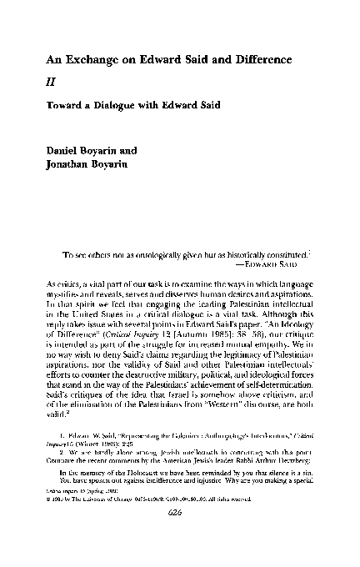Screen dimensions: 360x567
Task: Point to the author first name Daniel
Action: [63, 151]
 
